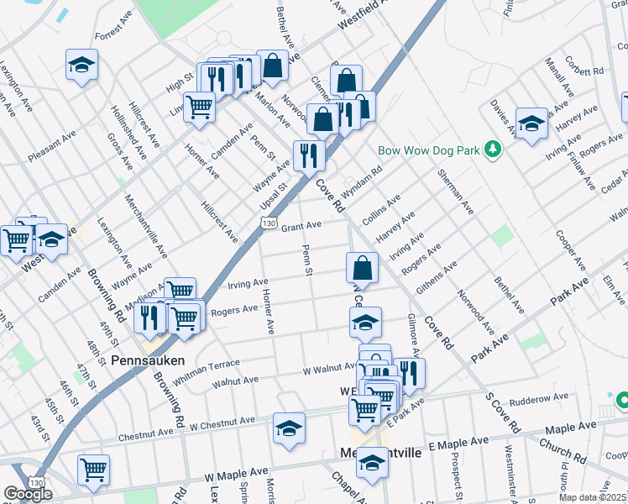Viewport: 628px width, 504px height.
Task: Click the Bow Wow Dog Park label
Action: [428, 150]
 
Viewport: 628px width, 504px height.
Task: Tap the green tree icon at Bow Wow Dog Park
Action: [495, 150]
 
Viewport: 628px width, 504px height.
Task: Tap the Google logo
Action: [28, 494]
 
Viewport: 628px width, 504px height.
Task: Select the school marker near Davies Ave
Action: [531, 123]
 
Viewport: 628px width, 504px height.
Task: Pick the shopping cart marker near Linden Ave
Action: [200, 106]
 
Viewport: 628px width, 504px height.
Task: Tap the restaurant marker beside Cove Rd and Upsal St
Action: [309, 155]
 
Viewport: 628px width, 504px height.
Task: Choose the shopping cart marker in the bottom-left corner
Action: [93, 469]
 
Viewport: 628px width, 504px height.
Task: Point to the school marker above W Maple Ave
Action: [289, 428]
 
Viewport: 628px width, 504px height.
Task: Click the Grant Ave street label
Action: [301, 227]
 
